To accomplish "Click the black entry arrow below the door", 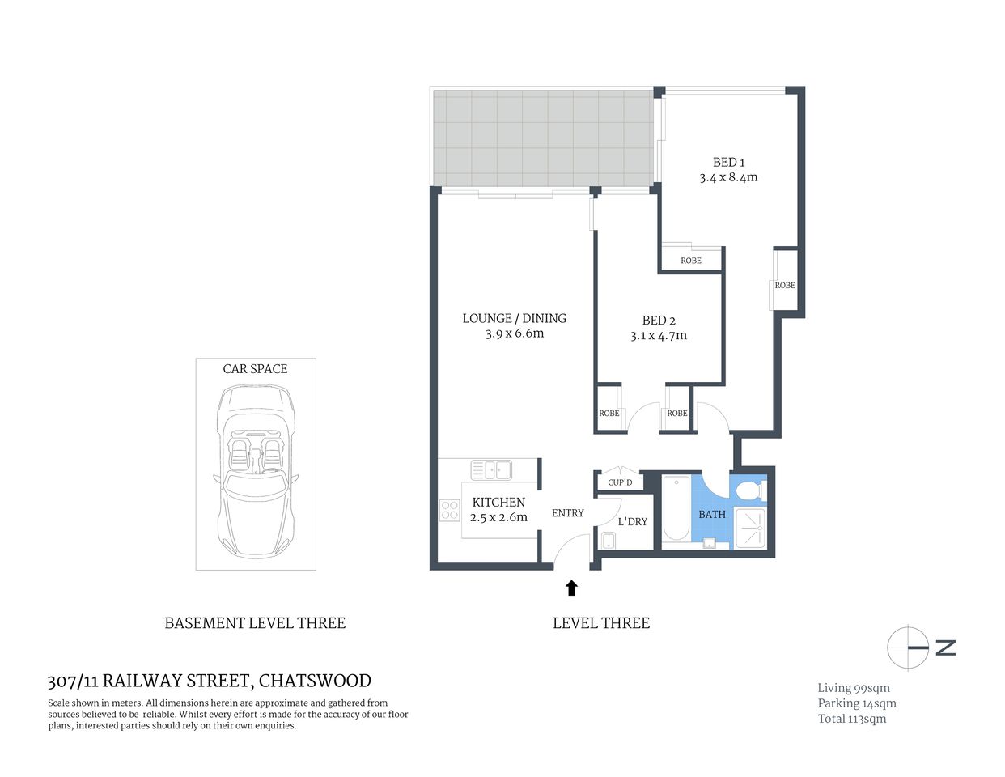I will tap(571, 588).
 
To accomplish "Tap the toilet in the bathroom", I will tap(748, 490).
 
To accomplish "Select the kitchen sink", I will tap(490, 469).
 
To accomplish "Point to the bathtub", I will tap(676, 508).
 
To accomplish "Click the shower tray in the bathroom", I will tap(750, 528).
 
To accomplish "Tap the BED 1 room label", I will tap(728, 163).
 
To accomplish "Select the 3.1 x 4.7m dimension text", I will tap(659, 336).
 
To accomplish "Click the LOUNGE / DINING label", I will tap(514, 318).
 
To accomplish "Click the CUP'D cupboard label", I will tap(620, 482).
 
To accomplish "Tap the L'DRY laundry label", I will tap(632, 521).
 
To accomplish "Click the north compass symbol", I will tap(908, 647).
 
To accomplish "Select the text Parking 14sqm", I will tap(857, 703).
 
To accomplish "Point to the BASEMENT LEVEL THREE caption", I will tap(255, 623).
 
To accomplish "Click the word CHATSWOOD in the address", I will tap(315, 681).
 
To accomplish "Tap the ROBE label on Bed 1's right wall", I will tap(784, 285).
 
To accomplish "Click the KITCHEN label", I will tap(498, 502).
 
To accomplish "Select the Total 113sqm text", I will tap(852, 719).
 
